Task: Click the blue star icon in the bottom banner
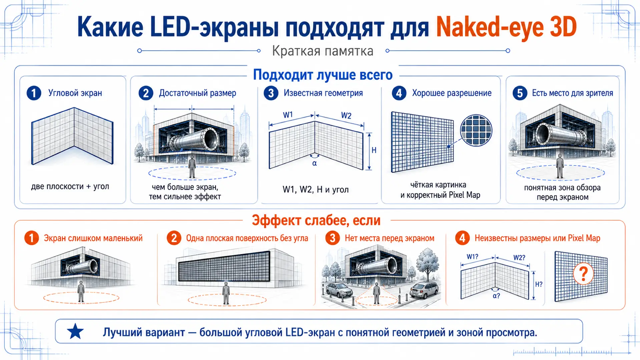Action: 75,332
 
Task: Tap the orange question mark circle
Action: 583,274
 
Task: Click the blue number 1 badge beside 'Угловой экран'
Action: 34,93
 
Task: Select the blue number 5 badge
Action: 520,93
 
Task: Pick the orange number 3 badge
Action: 332,238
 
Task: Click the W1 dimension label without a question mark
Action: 288,115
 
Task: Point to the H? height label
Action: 539,284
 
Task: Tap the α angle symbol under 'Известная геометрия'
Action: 314,163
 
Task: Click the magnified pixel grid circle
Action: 476,130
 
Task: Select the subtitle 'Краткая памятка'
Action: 323,51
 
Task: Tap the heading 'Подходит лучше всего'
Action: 323,75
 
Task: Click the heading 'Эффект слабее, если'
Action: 316,220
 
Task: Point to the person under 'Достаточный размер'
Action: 192,167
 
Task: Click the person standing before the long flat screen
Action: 226,293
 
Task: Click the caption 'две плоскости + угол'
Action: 70,186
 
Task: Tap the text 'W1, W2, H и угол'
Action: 315,189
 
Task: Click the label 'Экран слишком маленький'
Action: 93,238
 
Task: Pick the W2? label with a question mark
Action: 519,258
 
